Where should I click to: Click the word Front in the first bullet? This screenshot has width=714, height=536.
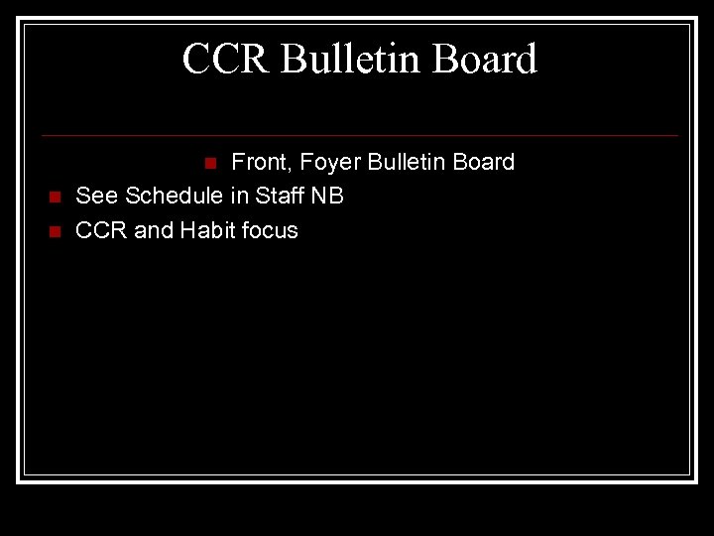(x=259, y=162)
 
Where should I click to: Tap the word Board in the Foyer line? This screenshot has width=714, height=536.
(x=484, y=162)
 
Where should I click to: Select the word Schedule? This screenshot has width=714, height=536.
(x=175, y=196)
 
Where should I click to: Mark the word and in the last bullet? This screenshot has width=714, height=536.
(x=154, y=230)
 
